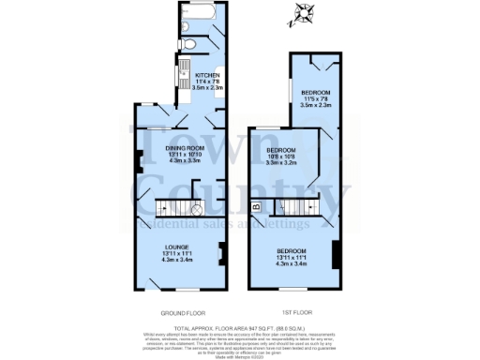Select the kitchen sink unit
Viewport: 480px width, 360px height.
(x=185, y=71)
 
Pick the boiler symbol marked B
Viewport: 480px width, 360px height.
(x=256, y=205)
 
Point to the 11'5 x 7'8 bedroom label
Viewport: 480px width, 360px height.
(x=317, y=96)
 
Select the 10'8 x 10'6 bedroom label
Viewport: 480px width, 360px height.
(x=281, y=156)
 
